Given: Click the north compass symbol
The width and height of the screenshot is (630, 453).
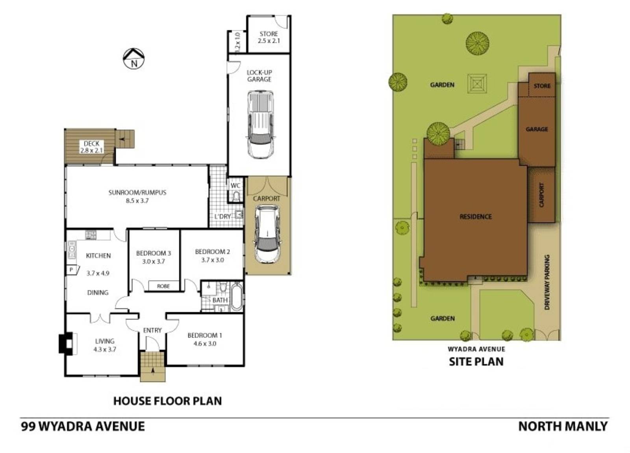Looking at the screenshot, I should [x=134, y=59].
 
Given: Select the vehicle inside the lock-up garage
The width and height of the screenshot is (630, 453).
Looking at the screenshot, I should [x=260, y=125].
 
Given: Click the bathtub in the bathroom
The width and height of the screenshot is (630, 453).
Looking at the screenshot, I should [x=236, y=296].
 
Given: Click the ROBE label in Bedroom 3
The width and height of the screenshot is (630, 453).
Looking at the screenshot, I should [x=163, y=286].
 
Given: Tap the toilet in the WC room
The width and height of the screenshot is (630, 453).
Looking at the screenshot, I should [x=236, y=196].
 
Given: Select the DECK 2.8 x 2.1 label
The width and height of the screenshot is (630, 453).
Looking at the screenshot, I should [x=91, y=147].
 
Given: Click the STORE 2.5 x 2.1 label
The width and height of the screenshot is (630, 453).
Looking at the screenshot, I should [x=269, y=37].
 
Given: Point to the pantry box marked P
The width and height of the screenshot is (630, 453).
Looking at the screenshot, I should [x=71, y=270].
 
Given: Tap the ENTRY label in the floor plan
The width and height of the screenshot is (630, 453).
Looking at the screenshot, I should [x=152, y=330].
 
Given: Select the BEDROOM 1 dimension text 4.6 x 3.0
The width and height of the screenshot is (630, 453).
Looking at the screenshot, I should [x=205, y=344].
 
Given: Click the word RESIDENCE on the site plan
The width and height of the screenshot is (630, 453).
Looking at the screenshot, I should [x=476, y=216].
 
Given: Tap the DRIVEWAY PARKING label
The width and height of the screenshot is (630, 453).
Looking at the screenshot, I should [x=547, y=282].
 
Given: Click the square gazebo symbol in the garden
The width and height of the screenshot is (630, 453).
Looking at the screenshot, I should [x=477, y=84].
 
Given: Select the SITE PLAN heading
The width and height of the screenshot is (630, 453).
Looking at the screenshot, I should [x=476, y=362].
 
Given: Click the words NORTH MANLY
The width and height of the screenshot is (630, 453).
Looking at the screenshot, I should [x=563, y=427].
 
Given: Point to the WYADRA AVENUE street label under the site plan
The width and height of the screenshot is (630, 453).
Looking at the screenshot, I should [x=476, y=349].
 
